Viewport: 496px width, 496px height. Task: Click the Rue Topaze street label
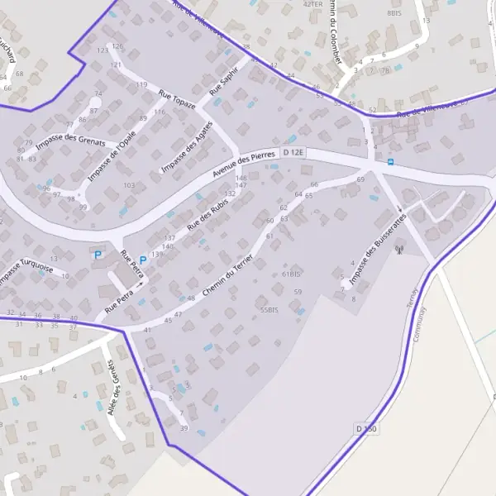(177, 99)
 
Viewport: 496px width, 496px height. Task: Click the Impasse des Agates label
(187, 147)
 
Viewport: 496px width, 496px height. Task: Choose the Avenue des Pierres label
(242, 165)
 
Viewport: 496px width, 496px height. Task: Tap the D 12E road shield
(293, 153)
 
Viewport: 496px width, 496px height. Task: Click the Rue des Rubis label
(207, 214)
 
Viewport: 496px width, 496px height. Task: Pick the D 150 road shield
(366, 429)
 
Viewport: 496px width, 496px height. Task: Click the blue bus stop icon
(390, 161)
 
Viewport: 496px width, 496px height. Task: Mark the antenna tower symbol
(398, 248)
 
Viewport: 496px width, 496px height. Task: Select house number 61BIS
(291, 274)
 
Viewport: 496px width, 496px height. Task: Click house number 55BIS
(269, 309)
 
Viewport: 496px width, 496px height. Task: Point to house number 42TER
(312, 4)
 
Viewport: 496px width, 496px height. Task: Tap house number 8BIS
(393, 13)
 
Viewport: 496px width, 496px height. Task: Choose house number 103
(129, 185)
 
